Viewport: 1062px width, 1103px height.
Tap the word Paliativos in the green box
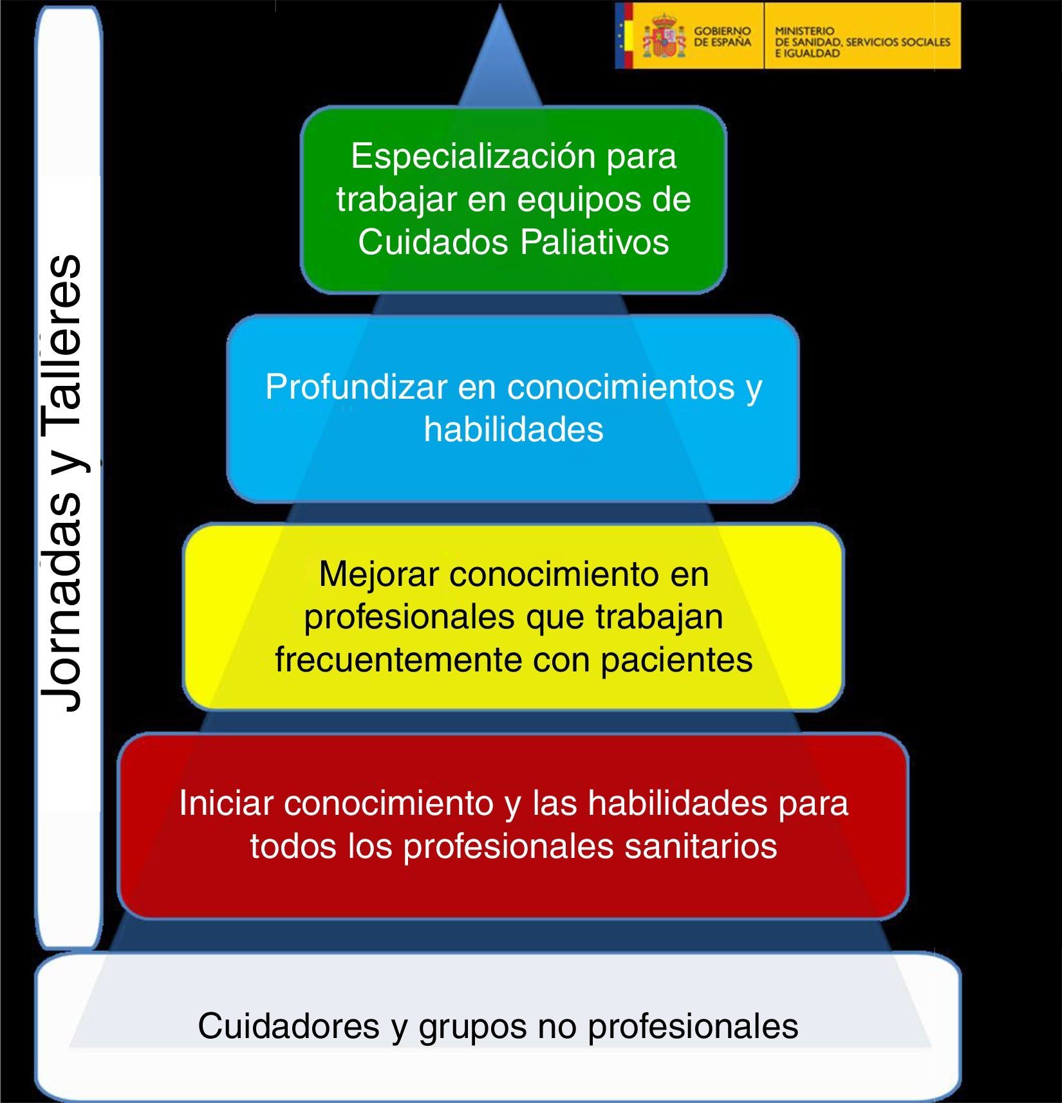pyautogui.click(x=595, y=242)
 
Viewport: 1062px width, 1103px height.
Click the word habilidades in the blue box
pyautogui.click(x=514, y=430)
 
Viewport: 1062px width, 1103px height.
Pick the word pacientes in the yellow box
pyautogui.click(x=676, y=660)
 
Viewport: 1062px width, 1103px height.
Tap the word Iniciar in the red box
pyautogui.click(x=227, y=803)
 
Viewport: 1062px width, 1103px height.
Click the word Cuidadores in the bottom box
pyautogui.click(x=288, y=1026)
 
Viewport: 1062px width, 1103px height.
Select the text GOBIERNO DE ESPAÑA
pyautogui.click(x=722, y=37)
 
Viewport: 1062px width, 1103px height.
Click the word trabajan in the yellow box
pyautogui.click(x=659, y=617)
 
